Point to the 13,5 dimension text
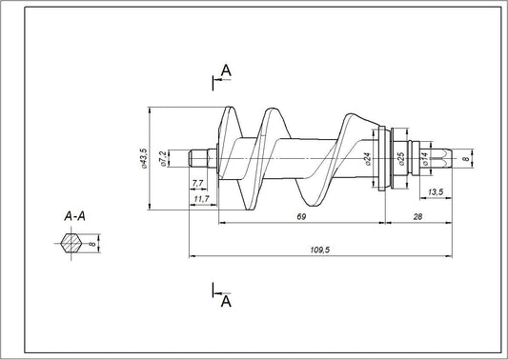pyautogui.click(x=435, y=192)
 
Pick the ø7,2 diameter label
pyautogui.click(x=163, y=157)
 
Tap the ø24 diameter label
pyautogui.click(x=367, y=158)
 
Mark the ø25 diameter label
pyautogui.click(x=401, y=158)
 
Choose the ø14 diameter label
pyautogui.click(x=425, y=158)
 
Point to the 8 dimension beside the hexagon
pyautogui.click(x=92, y=244)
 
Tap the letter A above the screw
pyautogui.click(x=226, y=70)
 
